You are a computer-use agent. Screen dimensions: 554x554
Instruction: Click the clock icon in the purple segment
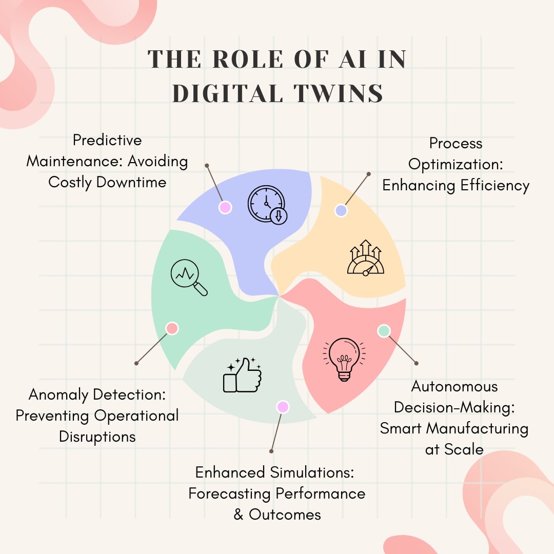[x=267, y=205]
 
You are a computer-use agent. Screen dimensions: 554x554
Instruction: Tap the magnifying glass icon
[x=189, y=278]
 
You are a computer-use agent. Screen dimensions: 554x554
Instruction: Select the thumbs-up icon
[x=242, y=375]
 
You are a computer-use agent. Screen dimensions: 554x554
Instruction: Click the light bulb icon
[x=344, y=359]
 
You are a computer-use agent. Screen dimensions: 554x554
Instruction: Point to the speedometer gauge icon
[x=366, y=258]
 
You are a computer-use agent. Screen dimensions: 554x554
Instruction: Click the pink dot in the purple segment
[x=225, y=207]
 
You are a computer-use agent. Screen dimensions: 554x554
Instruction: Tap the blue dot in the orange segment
[x=341, y=211]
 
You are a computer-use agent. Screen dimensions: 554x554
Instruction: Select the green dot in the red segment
[x=384, y=331]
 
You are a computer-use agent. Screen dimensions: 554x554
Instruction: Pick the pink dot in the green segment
[x=172, y=328]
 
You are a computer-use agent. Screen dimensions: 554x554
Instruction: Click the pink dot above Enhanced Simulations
[x=283, y=407]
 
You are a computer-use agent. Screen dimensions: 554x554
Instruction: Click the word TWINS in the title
[x=338, y=93]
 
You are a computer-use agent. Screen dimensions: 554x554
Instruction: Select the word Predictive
[x=107, y=140]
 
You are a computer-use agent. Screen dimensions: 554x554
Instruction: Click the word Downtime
[x=131, y=182]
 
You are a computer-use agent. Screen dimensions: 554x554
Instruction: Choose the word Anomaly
[x=58, y=395]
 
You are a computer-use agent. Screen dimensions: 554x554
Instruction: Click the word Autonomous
[x=454, y=387]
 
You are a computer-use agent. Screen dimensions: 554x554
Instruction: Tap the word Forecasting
[x=230, y=494]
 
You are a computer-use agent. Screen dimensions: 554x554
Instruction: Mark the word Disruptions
[x=97, y=437]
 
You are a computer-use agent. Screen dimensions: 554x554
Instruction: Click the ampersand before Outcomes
[x=239, y=515]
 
